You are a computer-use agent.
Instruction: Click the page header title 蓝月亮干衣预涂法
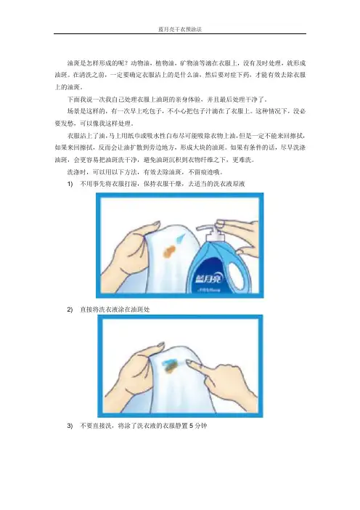coord(180,29)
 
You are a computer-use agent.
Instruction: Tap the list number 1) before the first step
coord(70,184)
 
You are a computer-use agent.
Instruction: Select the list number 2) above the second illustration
coord(70,309)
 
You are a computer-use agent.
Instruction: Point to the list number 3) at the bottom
coord(70,426)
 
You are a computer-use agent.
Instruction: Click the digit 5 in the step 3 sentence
coord(192,426)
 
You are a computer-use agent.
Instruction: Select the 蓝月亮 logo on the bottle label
coord(208,279)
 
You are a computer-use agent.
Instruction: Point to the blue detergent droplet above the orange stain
coord(180,238)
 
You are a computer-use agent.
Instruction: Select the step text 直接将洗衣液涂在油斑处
coord(115,309)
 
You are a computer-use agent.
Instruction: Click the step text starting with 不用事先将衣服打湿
coord(162,184)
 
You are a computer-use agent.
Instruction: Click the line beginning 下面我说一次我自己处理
coord(168,100)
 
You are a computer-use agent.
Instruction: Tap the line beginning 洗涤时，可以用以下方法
coord(145,172)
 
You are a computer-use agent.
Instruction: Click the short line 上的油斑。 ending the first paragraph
coord(69,87)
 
